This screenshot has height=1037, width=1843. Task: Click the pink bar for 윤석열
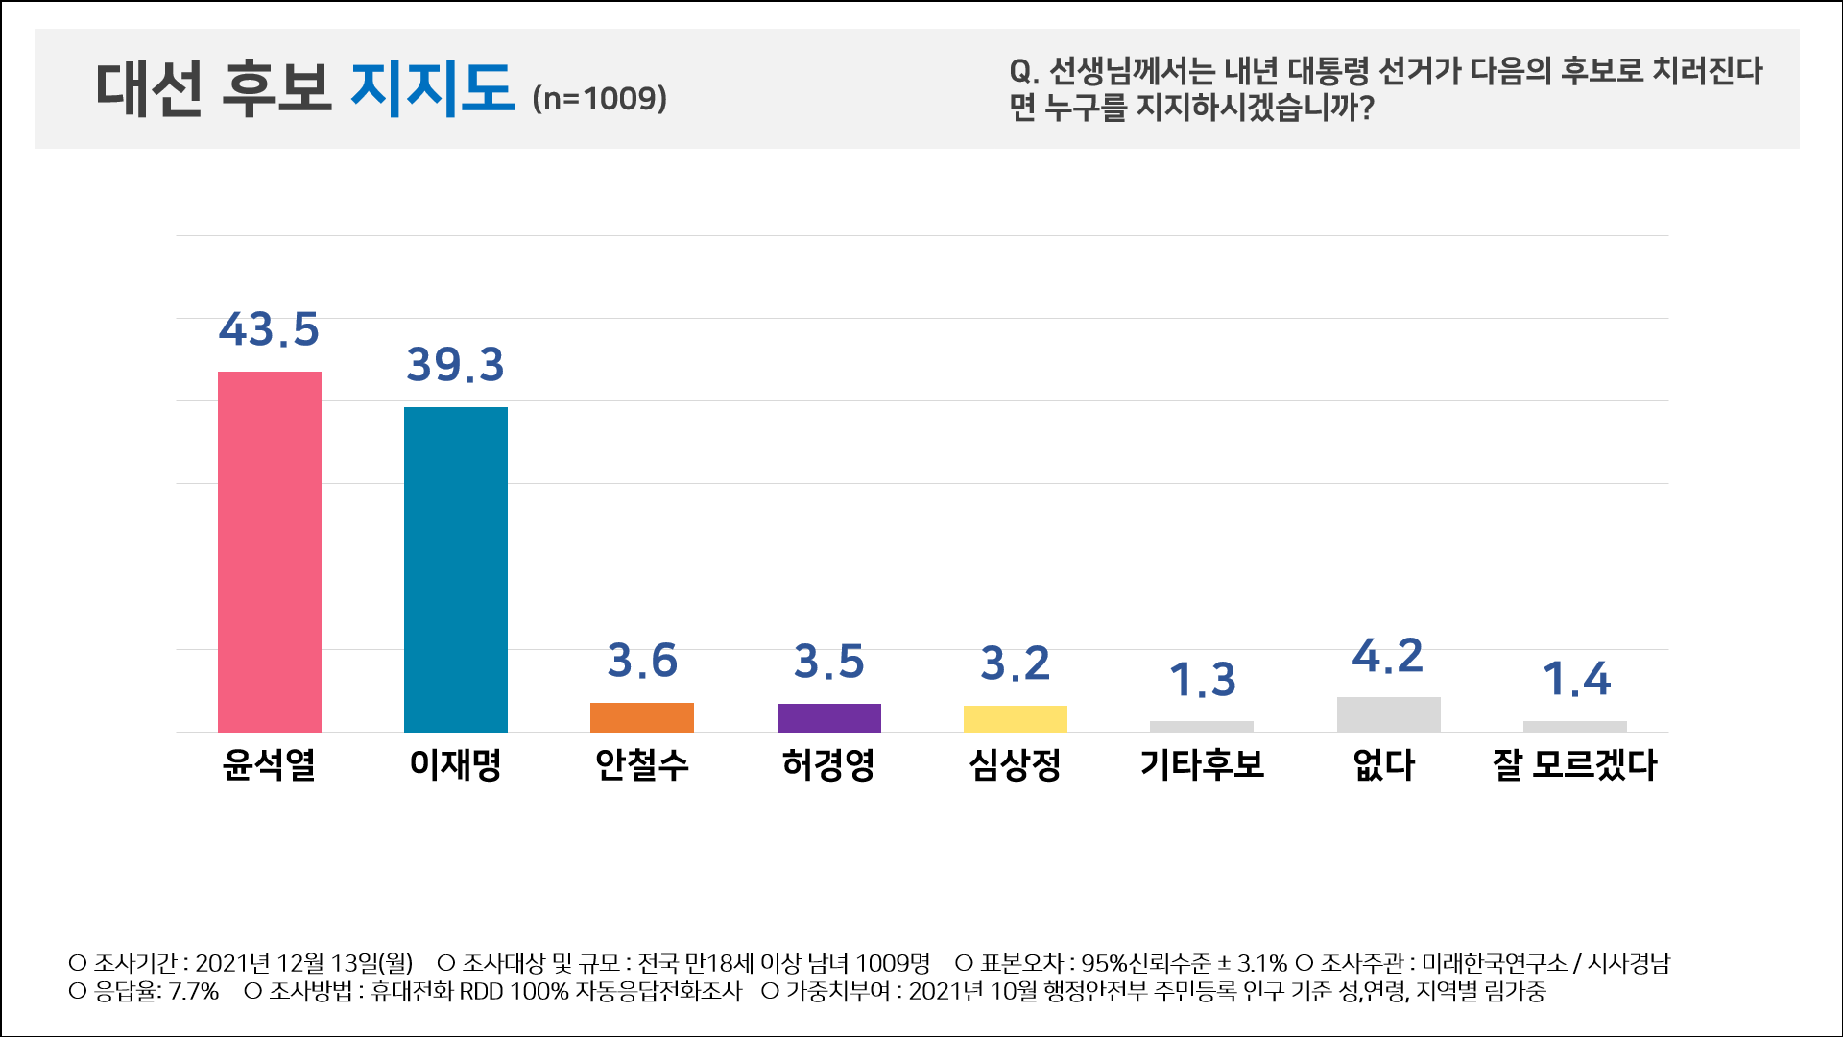[270, 551]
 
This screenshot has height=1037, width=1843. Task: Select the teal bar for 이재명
[456, 568]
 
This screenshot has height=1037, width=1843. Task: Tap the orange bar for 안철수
[642, 717]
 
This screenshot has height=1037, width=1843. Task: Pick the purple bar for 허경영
[828, 717]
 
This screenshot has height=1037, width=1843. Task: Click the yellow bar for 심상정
[1016, 718]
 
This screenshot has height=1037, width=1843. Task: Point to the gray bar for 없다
[1388, 714]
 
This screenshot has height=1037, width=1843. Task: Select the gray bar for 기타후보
[1202, 726]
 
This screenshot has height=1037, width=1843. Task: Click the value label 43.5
[269, 329]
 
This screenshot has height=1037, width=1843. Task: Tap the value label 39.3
[455, 365]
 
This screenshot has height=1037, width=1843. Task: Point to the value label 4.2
[1388, 656]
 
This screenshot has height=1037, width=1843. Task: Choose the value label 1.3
[1202, 680]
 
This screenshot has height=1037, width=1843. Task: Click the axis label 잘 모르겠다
[1574, 764]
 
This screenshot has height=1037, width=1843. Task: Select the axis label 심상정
[1016, 764]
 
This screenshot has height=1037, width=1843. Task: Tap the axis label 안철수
[642, 764]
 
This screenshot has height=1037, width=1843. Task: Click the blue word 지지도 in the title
[432, 88]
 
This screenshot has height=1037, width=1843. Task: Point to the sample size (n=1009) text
[600, 98]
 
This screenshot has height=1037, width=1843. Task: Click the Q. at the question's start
[1023, 71]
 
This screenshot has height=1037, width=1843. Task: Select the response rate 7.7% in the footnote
[194, 991]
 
